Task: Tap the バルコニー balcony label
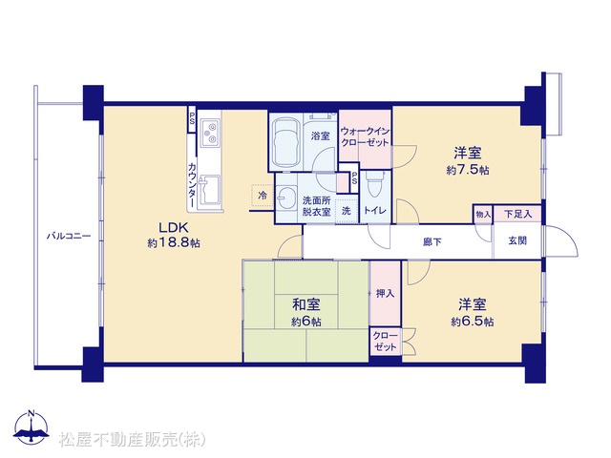click(69, 236)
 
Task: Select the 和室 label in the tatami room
click(306, 304)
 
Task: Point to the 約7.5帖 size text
click(468, 170)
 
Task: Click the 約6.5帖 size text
click(473, 322)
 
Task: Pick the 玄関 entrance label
click(517, 240)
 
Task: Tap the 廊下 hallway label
click(432, 241)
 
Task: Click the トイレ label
click(375, 210)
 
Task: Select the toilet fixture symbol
click(375, 184)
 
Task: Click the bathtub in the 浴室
click(285, 142)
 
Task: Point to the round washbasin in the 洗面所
click(286, 198)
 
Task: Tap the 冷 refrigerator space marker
click(263, 195)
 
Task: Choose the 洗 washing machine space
click(347, 211)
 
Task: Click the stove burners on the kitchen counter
click(211, 134)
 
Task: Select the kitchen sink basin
click(209, 190)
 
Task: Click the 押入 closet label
click(385, 293)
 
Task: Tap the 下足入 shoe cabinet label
click(517, 214)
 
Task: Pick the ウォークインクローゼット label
click(365, 136)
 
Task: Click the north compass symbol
click(32, 428)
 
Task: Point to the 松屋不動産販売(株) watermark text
click(133, 440)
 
